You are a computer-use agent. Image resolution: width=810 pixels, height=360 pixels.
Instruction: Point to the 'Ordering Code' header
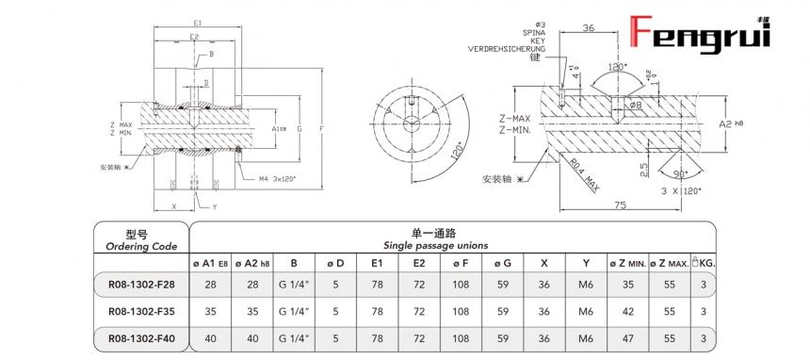pos(138,246)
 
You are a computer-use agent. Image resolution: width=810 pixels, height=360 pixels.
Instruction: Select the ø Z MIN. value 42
pos(626,309)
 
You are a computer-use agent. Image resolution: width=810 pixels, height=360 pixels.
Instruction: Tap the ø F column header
pos(461,262)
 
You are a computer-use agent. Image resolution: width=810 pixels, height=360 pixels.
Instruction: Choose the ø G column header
pos(503,262)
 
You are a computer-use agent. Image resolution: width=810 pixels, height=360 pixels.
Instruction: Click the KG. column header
pos(702,262)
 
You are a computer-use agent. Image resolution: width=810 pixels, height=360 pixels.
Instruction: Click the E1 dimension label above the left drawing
pos(196,22)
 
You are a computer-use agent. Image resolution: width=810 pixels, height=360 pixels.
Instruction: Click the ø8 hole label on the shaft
pos(637,105)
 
